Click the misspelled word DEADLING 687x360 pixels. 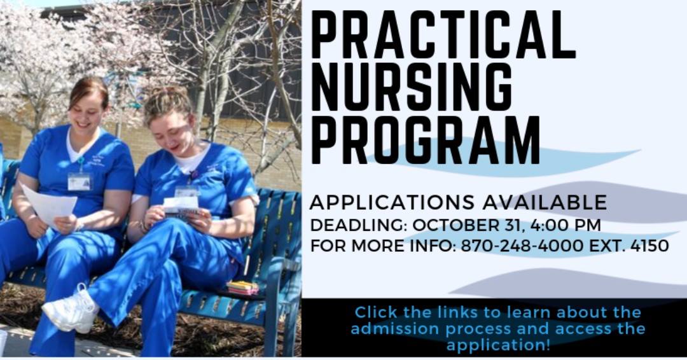pyautogui.click(x=359, y=225)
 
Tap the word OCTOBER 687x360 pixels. pyautogui.click(x=452, y=225)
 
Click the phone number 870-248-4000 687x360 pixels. pyautogui.click(x=522, y=246)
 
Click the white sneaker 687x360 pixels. pyautogui.click(x=71, y=310)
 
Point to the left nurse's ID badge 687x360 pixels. pyautogui.click(x=80, y=181)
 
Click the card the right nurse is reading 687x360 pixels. pyautogui.click(x=181, y=205)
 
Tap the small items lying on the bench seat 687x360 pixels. pyautogui.click(x=242, y=288)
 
